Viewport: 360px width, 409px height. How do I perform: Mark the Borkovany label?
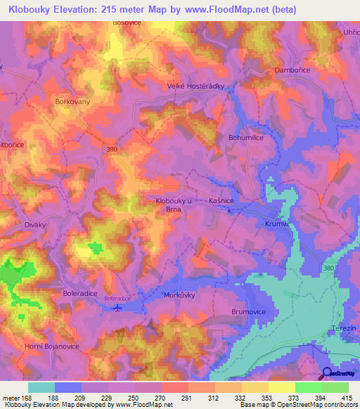point(72,101)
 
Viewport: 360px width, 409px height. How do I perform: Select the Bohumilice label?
point(245,138)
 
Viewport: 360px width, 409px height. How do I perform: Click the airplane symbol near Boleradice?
point(117,306)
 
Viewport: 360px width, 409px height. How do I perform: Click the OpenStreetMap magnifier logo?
point(326,375)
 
